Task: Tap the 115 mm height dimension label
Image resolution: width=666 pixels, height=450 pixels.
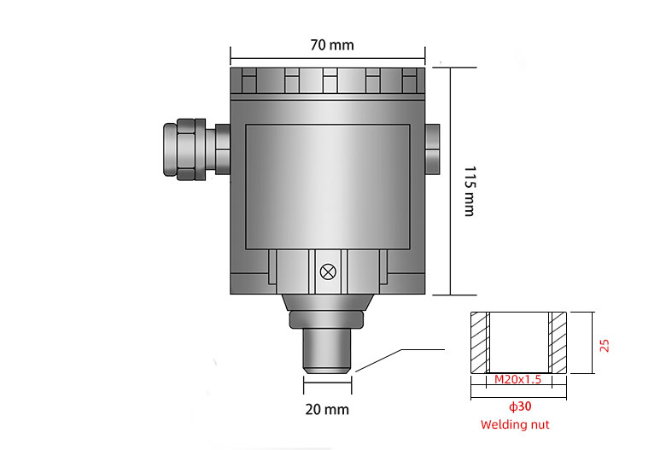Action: [x=468, y=190]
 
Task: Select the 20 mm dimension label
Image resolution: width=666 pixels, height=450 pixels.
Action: [x=327, y=409]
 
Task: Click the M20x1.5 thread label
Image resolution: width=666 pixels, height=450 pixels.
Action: [x=518, y=379]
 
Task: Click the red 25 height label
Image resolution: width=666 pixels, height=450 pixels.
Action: [x=605, y=345]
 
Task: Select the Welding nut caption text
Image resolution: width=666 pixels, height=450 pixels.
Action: [x=515, y=424]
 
